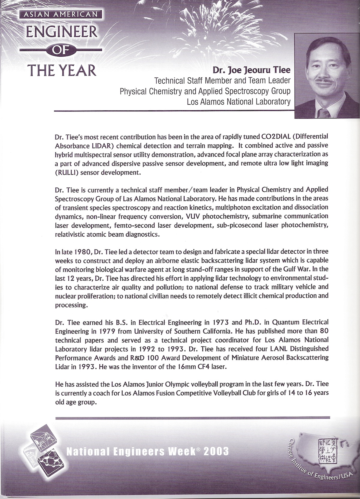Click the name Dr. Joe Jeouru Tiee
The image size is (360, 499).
click(x=252, y=70)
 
